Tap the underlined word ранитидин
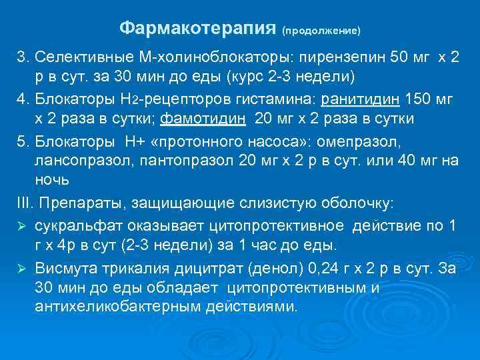pos(361,100)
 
